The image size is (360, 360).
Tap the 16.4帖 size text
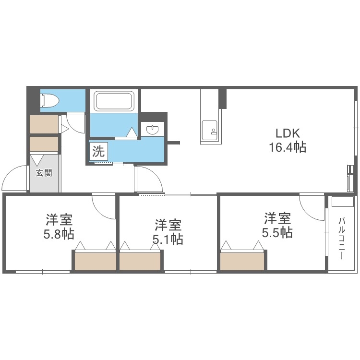(287, 147)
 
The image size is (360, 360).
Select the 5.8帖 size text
(59, 234)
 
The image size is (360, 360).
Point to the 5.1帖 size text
(168, 239)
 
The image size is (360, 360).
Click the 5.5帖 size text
(277, 233)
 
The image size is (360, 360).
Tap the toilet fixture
(50, 101)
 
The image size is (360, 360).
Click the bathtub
(113, 101)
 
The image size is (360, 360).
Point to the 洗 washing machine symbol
(98, 152)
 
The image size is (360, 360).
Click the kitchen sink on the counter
(209, 130)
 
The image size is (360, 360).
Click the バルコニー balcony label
(342, 239)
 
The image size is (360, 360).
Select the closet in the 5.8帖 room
(95, 261)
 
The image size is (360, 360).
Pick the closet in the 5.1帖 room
(140, 261)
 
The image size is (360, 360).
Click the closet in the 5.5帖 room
(242, 261)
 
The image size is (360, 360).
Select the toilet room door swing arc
(74, 122)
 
